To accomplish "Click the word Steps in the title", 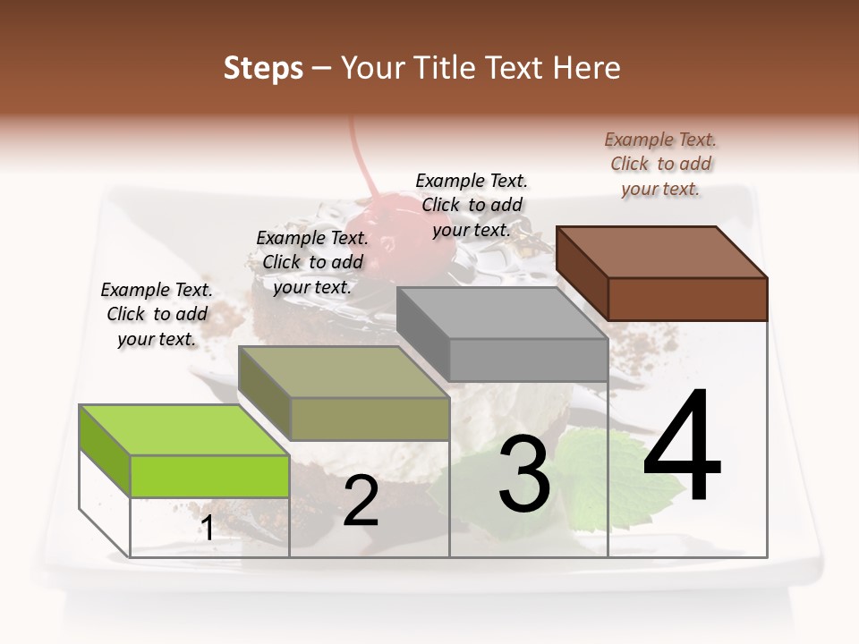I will pyautogui.click(x=263, y=68).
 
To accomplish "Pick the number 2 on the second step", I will pyautogui.click(x=361, y=502).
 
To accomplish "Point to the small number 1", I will pyautogui.click(x=208, y=529).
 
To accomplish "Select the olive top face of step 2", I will pyautogui.click(x=344, y=372).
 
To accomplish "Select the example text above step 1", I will pyautogui.click(x=157, y=314).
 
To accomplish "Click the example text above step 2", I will pyautogui.click(x=312, y=262).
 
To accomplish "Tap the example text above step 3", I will pyautogui.click(x=472, y=205).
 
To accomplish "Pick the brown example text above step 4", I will pyautogui.click(x=660, y=164).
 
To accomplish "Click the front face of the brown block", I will pyautogui.click(x=687, y=299).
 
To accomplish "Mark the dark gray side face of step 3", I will pyautogui.click(x=423, y=333).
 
